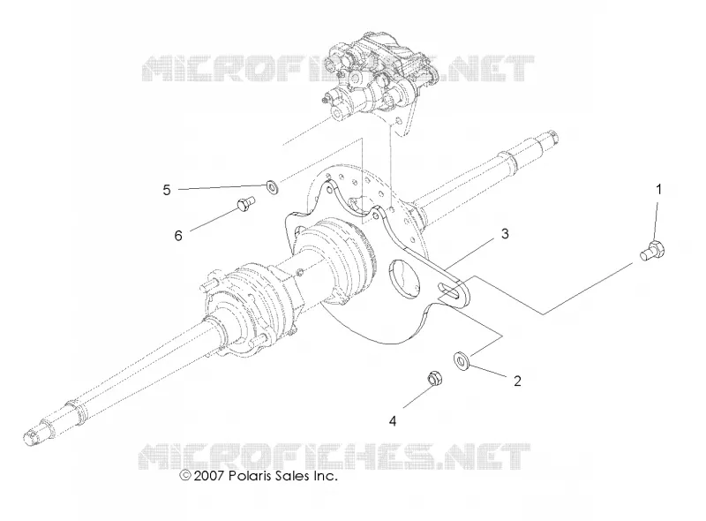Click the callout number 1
point(658,190)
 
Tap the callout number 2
point(517,381)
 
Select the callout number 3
point(505,234)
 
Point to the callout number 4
point(393,421)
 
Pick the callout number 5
point(167,190)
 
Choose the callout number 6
point(178,235)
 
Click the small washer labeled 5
point(273,185)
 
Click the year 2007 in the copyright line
point(208,475)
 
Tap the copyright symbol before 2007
point(185,475)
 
